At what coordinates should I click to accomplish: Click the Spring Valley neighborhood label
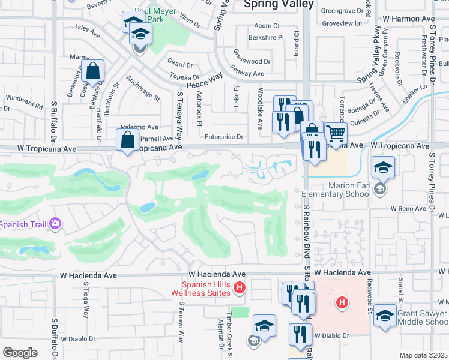tap(278, 4)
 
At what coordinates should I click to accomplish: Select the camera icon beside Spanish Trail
tap(55, 224)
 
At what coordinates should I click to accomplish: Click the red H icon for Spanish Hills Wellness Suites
tap(240, 288)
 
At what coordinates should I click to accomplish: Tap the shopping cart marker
tap(336, 133)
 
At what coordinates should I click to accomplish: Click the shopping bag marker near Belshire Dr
tap(94, 72)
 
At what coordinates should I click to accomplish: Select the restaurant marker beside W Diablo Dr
tap(300, 334)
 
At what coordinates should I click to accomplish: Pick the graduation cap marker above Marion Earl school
tap(382, 168)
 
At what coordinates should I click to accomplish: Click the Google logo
tap(20, 352)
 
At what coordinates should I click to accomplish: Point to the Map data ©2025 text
tap(423, 355)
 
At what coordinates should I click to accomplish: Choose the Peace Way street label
tap(205, 81)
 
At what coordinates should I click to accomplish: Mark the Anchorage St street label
tap(144, 88)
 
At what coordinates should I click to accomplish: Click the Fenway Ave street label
tap(249, 73)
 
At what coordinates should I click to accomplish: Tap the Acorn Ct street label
tap(267, 26)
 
